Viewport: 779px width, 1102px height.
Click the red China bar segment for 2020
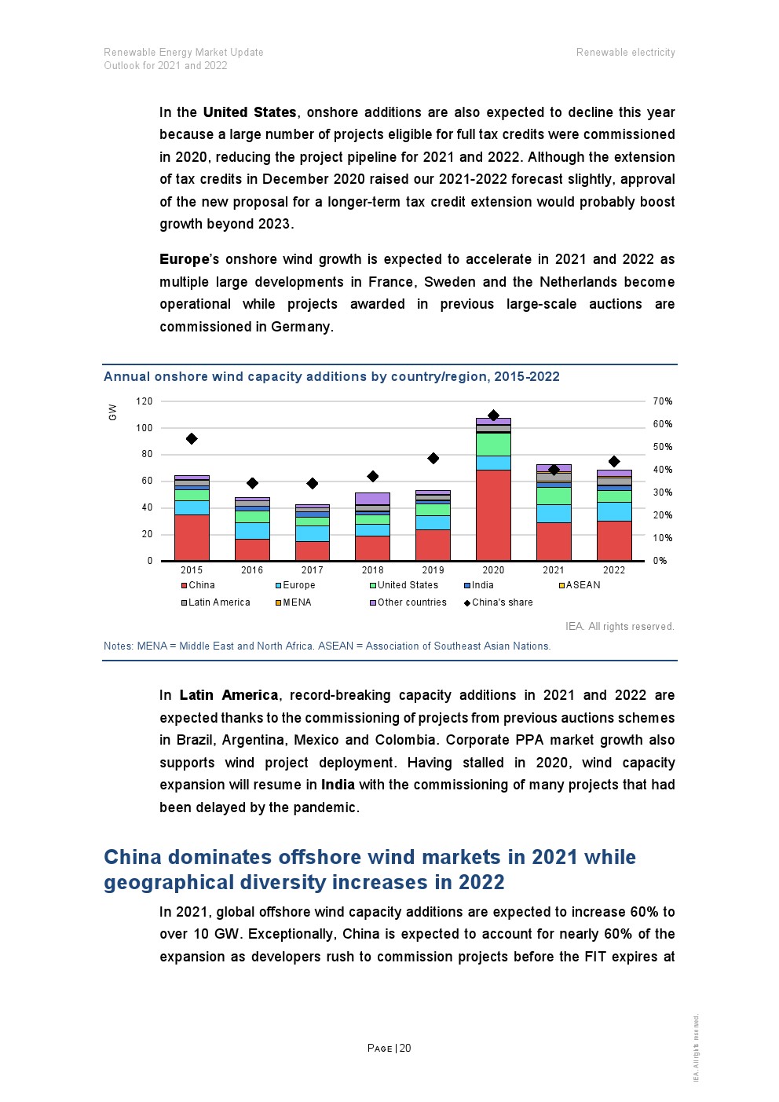coord(493,514)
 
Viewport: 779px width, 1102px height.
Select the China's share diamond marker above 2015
coord(192,439)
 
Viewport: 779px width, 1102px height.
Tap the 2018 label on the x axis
coord(372,570)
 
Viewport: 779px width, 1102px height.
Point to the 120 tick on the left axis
coord(144,401)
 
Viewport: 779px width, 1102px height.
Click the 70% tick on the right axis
coord(663,401)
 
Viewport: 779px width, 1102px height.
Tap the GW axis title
coord(113,412)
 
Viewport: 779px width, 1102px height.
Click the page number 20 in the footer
coord(405,1048)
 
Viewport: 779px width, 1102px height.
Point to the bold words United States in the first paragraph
coord(250,112)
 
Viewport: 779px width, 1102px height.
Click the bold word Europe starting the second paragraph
coord(185,259)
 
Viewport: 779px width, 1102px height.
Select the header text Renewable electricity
coord(625,53)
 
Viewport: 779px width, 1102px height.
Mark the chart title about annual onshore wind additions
coord(331,377)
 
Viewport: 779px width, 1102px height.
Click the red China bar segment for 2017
coord(312,551)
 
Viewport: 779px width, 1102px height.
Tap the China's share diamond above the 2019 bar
coord(433,459)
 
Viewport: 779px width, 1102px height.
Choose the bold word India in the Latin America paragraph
coord(338,785)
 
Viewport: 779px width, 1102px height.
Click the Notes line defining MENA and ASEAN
coord(327,646)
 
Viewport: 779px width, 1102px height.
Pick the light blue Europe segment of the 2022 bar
coord(614,511)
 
